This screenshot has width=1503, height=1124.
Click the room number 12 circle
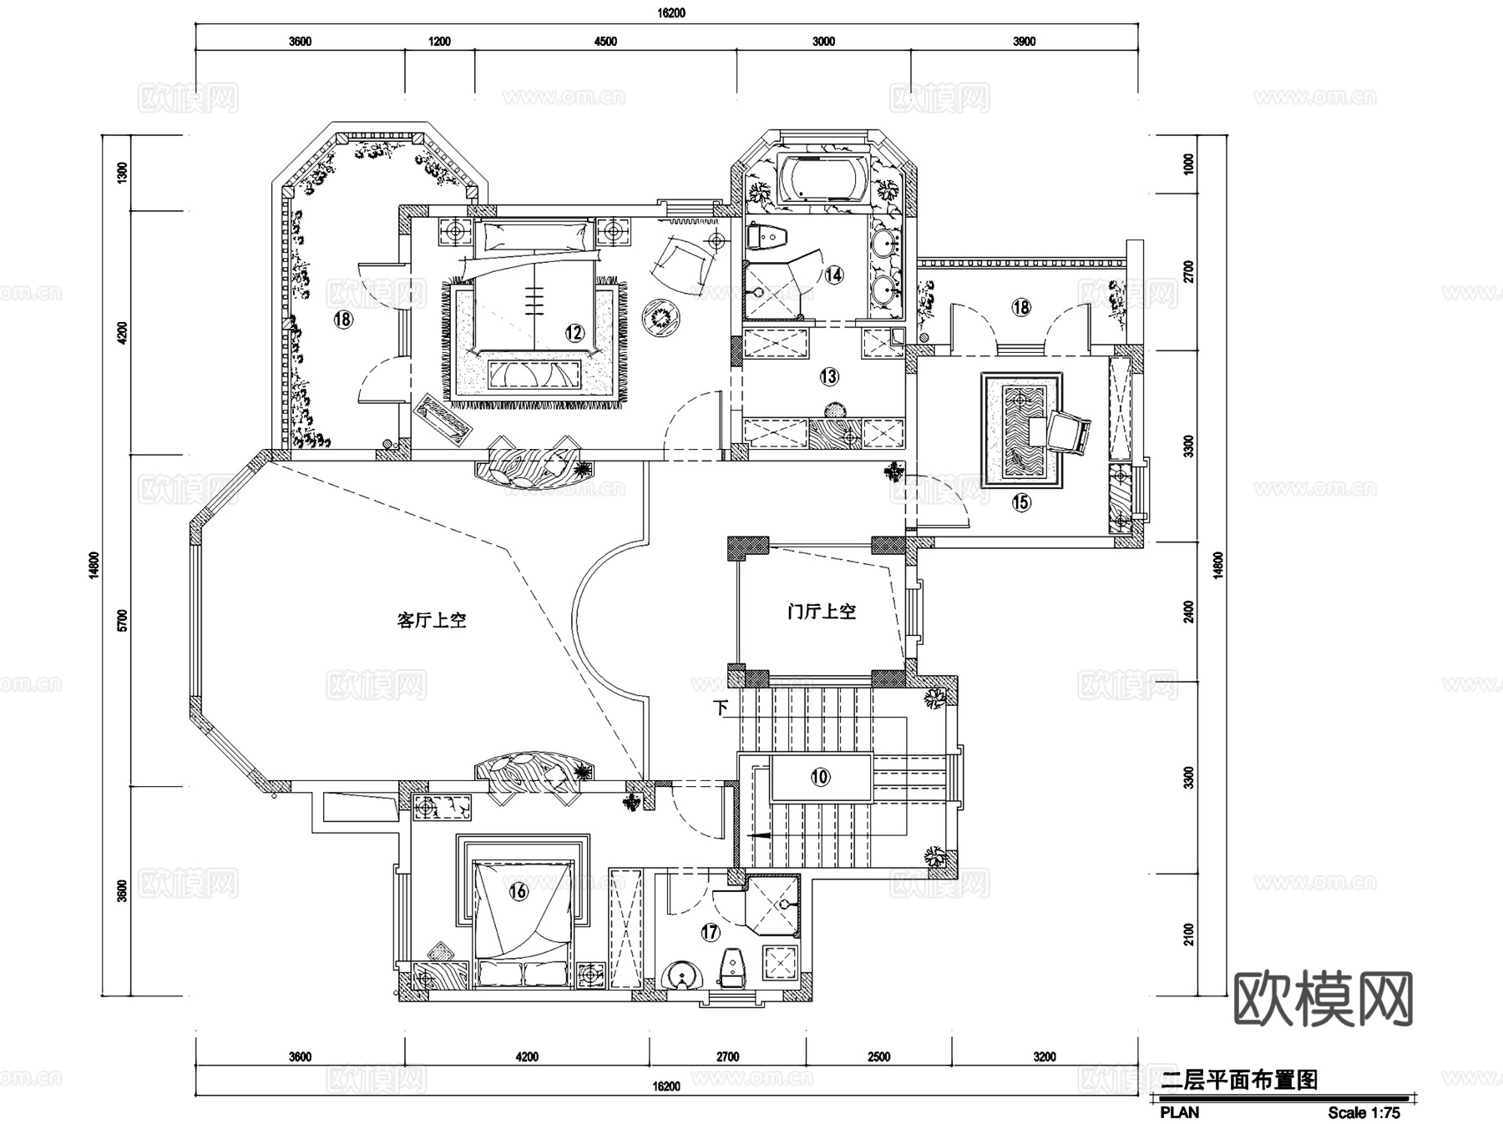click(x=574, y=333)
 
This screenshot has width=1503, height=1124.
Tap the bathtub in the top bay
click(x=823, y=179)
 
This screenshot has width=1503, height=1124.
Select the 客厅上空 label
click(x=431, y=621)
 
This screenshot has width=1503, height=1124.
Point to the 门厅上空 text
click(x=822, y=612)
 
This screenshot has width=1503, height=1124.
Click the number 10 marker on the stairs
click(x=820, y=777)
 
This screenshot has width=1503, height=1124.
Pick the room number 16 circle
click(x=518, y=891)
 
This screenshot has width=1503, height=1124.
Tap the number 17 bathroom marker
click(x=710, y=932)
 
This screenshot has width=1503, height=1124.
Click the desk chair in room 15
click(x=1069, y=431)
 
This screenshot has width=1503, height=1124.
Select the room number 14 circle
click(x=833, y=275)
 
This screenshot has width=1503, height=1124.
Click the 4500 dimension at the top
click(x=605, y=42)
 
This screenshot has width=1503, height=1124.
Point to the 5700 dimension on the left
click(x=123, y=619)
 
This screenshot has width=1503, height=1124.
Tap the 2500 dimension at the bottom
click(x=878, y=1056)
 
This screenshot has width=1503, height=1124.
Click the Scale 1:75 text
click(x=1364, y=1112)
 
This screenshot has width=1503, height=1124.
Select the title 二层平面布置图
click(x=1239, y=1080)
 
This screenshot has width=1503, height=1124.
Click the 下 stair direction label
click(x=721, y=708)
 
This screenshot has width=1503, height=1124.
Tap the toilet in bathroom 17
click(x=731, y=969)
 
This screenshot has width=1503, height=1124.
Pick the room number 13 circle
click(x=828, y=376)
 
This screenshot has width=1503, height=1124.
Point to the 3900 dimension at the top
click(x=1024, y=42)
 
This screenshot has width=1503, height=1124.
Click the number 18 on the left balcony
click(x=342, y=318)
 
